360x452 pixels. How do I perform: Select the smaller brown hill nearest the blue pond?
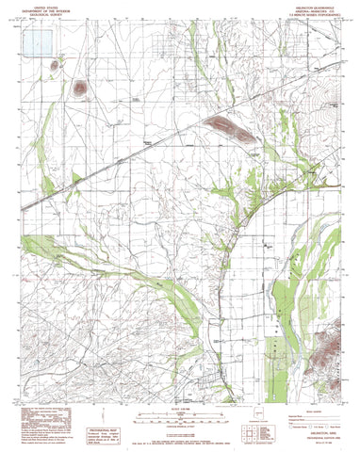tap(59, 66)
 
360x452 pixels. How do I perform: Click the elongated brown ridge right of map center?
tap(232, 131)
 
